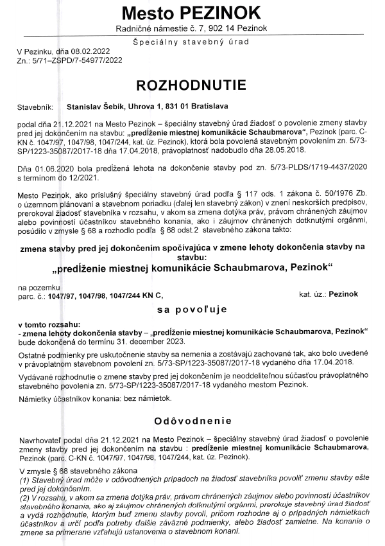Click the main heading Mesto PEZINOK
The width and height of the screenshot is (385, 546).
tap(192, 13)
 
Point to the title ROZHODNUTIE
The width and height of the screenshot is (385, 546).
tap(192, 85)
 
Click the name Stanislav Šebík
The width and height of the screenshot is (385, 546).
tap(96, 107)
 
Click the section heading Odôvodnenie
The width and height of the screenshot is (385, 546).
tap(192, 421)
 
